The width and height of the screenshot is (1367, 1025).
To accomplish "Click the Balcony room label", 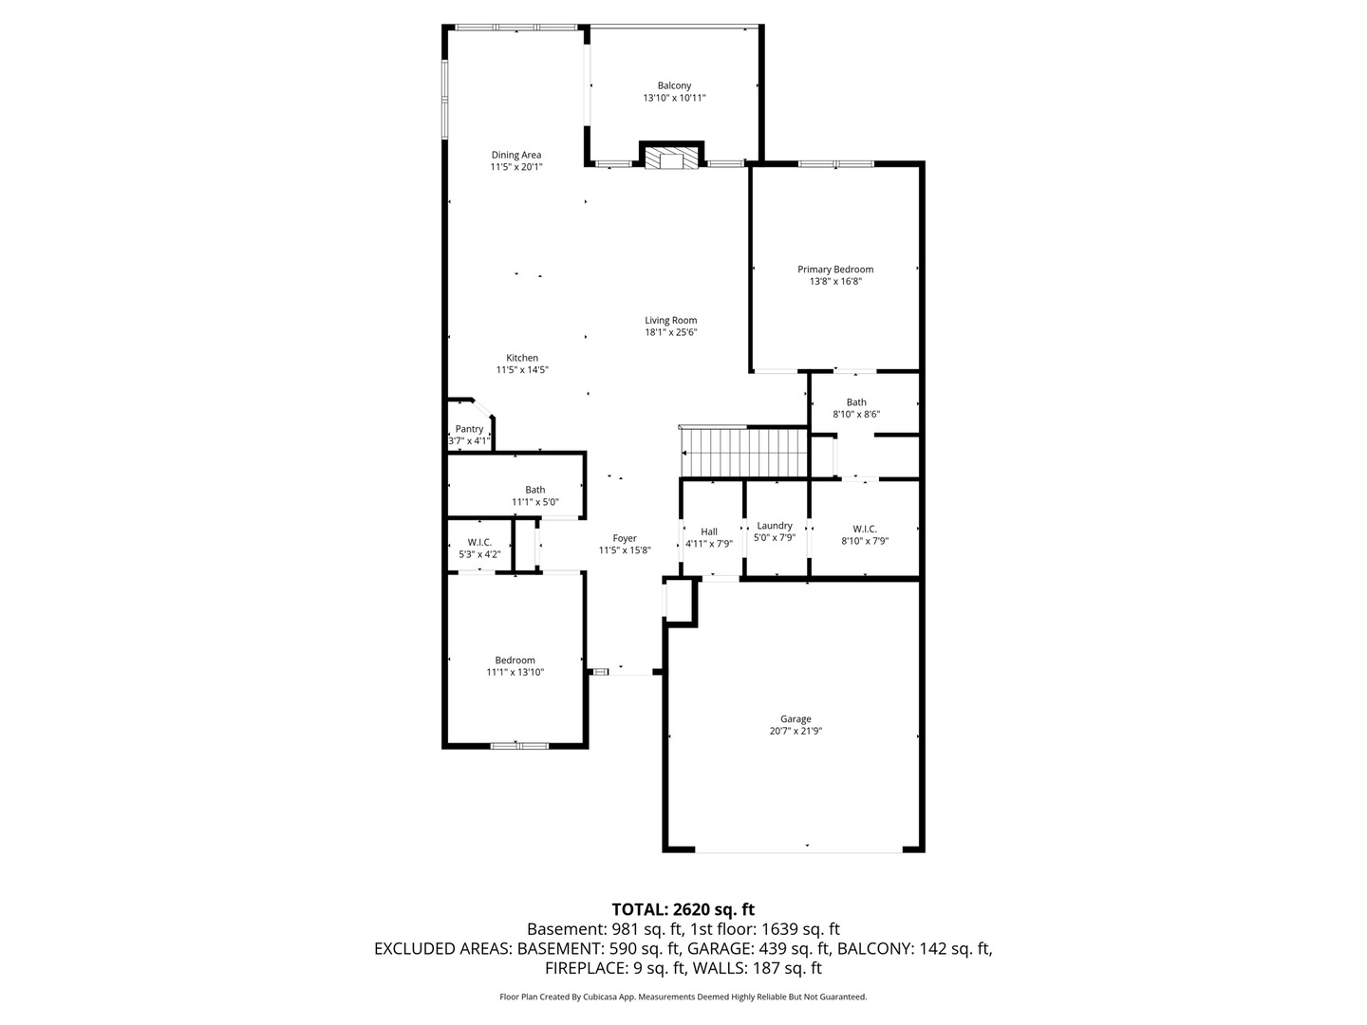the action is pos(674,85).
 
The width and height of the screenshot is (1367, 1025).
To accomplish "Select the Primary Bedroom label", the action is pos(835,270).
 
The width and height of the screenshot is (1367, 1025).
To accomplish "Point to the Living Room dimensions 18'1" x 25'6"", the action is pos(671,332).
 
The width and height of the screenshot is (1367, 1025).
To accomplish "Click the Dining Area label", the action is pos(516,155).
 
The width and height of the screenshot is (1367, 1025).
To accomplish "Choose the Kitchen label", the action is pos(522,358).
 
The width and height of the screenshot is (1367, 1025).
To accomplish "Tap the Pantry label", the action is pos(469,429).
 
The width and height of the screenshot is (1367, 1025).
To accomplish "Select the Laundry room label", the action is pos(774,525).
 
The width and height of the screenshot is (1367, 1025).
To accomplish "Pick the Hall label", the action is pos(709,531).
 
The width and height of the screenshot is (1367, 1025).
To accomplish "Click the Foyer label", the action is pos(625,538).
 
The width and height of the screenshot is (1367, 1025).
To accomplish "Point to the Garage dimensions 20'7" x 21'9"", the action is pos(796,731).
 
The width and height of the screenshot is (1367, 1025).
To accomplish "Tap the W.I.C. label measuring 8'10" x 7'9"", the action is pos(865,529).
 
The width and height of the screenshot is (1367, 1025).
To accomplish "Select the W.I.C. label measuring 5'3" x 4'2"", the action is pos(479,543).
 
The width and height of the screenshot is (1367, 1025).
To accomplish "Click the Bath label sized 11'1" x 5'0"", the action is pos(535,490).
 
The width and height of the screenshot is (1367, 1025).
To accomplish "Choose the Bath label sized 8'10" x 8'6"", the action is pos(856,402).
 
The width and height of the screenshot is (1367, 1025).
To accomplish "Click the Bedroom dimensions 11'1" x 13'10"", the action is pos(515,672).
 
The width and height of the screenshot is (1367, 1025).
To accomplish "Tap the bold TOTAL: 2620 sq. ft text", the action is pos(683,910).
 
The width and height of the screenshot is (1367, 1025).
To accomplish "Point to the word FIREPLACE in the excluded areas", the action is pos(586,968).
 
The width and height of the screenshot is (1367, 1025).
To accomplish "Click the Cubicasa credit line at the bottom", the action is pos(683,997).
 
